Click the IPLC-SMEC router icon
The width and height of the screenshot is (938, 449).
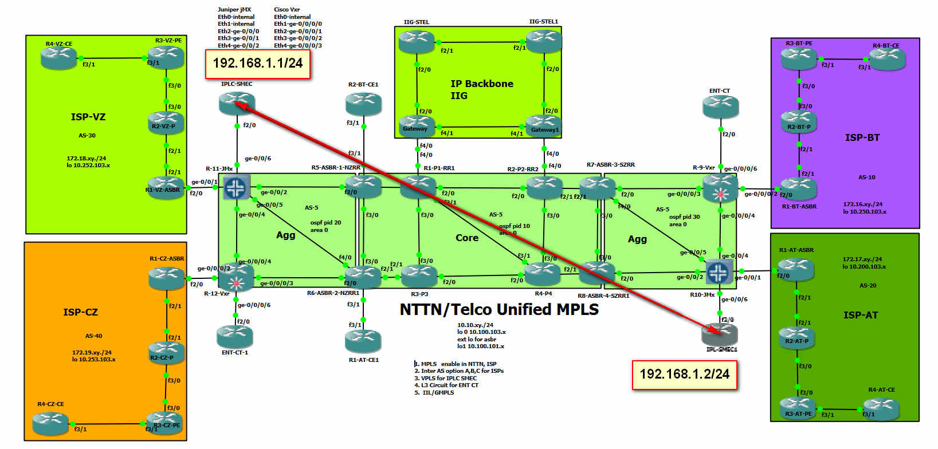pyautogui.click(x=237, y=103)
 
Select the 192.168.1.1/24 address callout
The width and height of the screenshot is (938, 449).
pyautogui.click(x=258, y=64)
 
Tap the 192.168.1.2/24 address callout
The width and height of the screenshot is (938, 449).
pyautogui.click(x=684, y=375)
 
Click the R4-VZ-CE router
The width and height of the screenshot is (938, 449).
pyautogui.click(x=58, y=57)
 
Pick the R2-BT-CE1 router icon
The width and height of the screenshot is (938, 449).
pyautogui.click(x=363, y=104)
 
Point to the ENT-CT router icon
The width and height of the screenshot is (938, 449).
pyautogui.click(x=721, y=107)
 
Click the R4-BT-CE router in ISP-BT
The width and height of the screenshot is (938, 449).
pyautogui.click(x=888, y=58)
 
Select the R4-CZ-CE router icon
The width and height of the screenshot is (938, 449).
pyautogui.click(x=50, y=423)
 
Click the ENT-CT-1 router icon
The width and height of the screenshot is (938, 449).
pyautogui.click(x=235, y=336)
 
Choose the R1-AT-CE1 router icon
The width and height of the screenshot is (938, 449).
pyautogui.click(x=363, y=341)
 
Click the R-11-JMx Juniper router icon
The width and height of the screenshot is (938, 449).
pyautogui.click(x=236, y=187)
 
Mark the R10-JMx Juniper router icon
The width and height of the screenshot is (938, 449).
pyautogui.click(x=719, y=271)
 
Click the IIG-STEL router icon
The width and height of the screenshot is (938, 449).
pyautogui.click(x=417, y=42)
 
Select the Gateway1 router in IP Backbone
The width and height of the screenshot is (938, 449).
pyautogui.click(x=543, y=125)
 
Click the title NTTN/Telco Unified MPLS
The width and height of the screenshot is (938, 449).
pyautogui.click(x=499, y=310)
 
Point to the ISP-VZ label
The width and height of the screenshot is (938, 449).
pyautogui.click(x=88, y=117)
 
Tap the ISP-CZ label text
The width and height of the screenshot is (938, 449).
pyautogui.click(x=80, y=312)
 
